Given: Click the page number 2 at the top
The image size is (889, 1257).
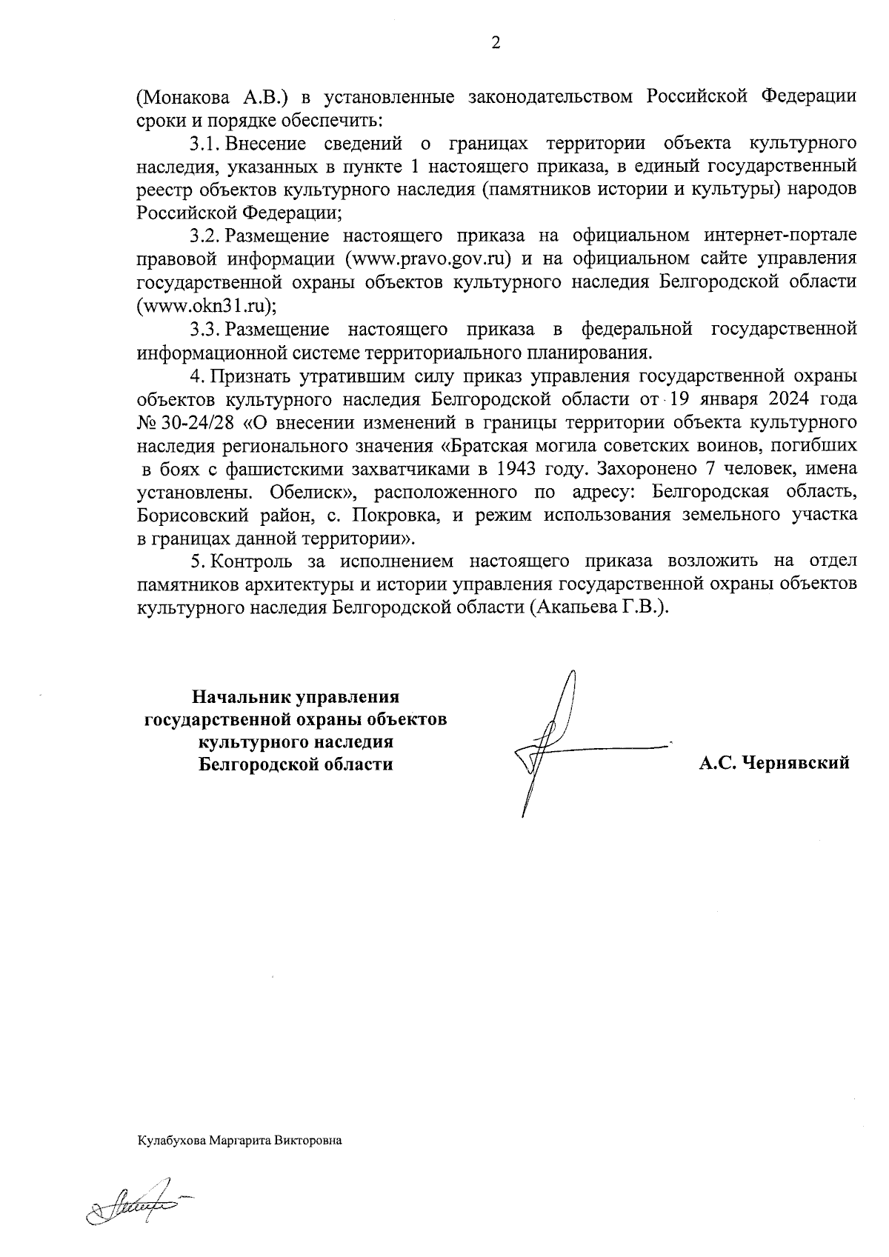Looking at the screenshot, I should [x=496, y=43].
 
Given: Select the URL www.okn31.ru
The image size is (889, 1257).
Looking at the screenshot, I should [x=205, y=305].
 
